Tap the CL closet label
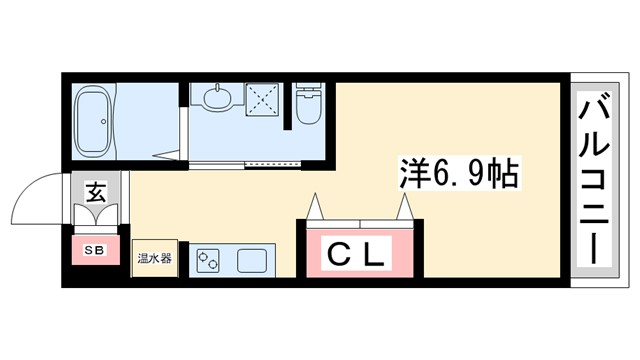point(358,256)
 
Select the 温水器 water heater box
point(155,259)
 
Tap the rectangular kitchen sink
point(250,262)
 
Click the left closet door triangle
point(317,207)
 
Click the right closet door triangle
point(405,208)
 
